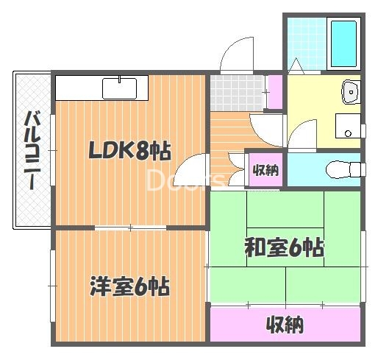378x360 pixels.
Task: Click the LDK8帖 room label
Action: click(x=129, y=152)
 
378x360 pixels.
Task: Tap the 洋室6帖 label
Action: click(x=130, y=285)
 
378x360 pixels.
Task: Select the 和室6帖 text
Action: click(x=283, y=248)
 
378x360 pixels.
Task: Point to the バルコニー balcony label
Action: click(x=32, y=150)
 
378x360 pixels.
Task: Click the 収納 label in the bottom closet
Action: click(x=285, y=324)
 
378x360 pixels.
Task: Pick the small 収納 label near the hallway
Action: click(x=265, y=170)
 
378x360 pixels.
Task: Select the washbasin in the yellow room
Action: click(x=350, y=92)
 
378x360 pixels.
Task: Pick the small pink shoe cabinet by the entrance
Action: click(x=274, y=91)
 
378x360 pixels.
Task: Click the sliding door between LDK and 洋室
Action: click(x=129, y=227)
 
